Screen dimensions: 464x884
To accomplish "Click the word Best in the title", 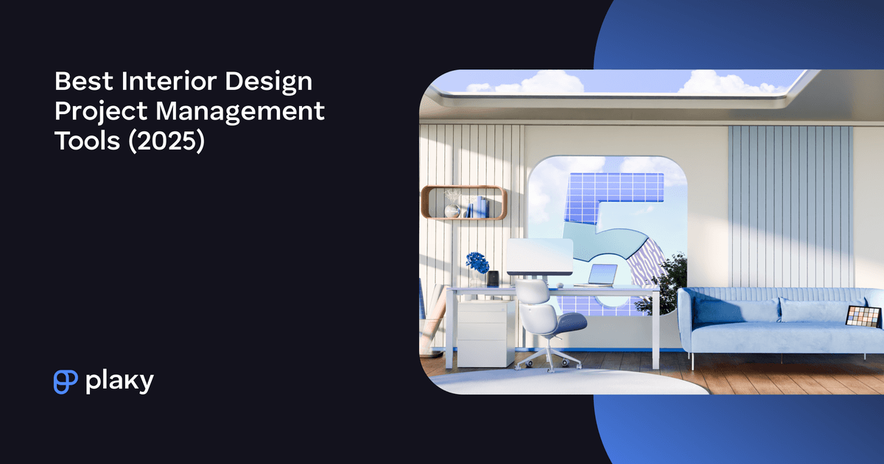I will click(79, 81).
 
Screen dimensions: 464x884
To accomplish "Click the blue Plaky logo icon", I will click(66, 381).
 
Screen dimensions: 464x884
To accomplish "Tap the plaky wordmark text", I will click(120, 382).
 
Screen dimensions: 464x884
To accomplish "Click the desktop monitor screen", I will click(539, 257).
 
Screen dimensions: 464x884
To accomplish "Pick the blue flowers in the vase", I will click(477, 261).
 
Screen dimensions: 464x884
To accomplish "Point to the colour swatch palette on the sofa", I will click(863, 317).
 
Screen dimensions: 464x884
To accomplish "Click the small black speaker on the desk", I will click(493, 279).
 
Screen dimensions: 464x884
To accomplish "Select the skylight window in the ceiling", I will click(626, 82).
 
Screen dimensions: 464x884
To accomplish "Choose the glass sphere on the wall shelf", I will click(452, 211).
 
